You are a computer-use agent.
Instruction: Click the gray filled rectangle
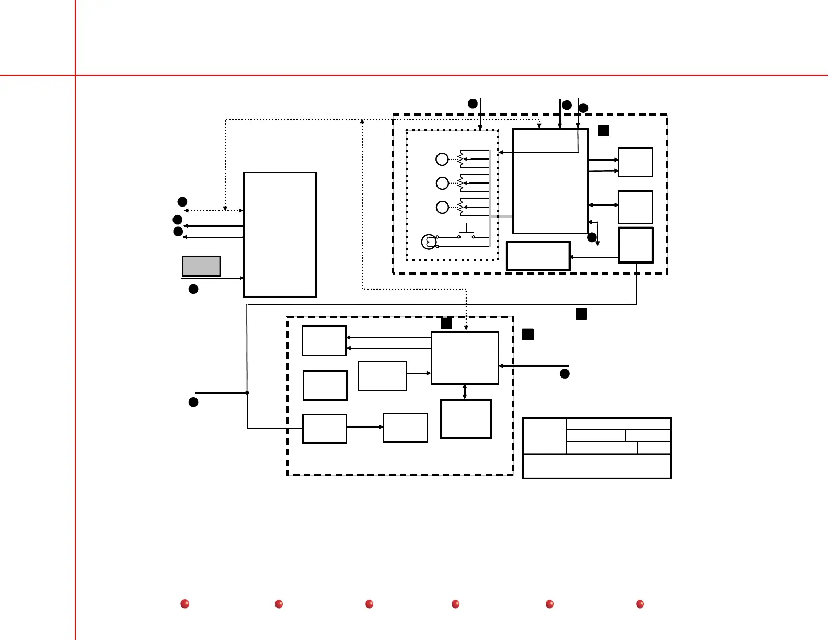(201, 266)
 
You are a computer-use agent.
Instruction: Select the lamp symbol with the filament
(429, 242)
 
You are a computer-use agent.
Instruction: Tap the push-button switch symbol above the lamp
(466, 232)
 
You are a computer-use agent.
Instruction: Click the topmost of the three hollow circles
(442, 159)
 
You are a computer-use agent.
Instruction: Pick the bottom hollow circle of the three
(442, 207)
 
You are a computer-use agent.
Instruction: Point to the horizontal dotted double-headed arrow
(213, 211)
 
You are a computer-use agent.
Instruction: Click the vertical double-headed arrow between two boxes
(465, 392)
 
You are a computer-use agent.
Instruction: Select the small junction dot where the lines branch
(247, 393)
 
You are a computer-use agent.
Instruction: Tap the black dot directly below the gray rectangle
(193, 289)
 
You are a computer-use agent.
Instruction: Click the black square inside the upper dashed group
(604, 131)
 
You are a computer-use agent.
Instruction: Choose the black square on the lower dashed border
(446, 323)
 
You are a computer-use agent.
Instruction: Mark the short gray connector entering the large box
(501, 216)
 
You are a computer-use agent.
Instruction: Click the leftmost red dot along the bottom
(185, 604)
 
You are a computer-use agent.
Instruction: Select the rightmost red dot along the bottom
(640, 604)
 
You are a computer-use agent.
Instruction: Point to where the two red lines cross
(75, 75)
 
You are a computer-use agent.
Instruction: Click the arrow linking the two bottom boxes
(365, 427)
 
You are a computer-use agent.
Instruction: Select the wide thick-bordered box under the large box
(538, 256)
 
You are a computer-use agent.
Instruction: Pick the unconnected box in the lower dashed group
(325, 385)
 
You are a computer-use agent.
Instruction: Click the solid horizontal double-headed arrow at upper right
(603, 205)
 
